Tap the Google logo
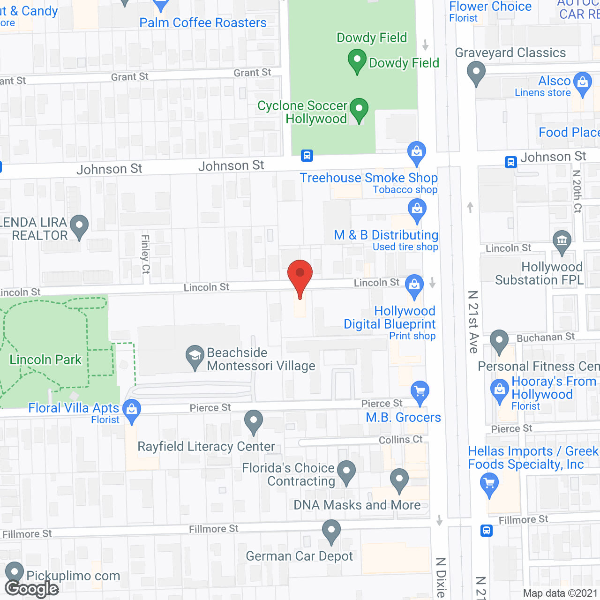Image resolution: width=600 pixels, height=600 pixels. tap(32, 589)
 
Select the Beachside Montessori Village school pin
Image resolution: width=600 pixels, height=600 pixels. tap(195, 357)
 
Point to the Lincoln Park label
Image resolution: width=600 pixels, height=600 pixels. tap(45, 360)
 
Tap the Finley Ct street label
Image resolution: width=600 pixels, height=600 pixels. tap(145, 254)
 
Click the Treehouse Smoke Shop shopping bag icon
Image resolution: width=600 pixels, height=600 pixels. tap(416, 152)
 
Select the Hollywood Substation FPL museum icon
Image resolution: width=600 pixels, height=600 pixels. tap(562, 241)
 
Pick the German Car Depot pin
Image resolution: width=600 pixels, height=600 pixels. tap(331, 531)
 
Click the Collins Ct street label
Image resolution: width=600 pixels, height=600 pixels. tap(400, 440)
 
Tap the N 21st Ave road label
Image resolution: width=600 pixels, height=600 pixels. tap(473, 322)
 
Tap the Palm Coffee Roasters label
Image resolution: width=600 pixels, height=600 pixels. tap(203, 22)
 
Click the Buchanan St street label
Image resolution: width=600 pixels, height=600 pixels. tap(546, 337)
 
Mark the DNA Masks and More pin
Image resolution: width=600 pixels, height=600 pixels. tap(399, 480)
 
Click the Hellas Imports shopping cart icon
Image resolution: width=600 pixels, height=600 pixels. tap(489, 483)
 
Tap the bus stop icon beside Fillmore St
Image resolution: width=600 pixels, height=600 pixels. tap(487, 531)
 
